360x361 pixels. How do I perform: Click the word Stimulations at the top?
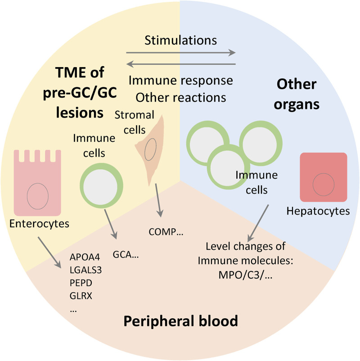181,40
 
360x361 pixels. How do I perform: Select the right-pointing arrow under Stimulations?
181,53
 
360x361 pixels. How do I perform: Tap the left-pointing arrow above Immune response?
181,64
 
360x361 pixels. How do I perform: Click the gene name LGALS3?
86,271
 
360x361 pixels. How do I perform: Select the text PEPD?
81,284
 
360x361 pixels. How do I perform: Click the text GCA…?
127,254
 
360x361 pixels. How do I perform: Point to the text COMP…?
166,232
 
